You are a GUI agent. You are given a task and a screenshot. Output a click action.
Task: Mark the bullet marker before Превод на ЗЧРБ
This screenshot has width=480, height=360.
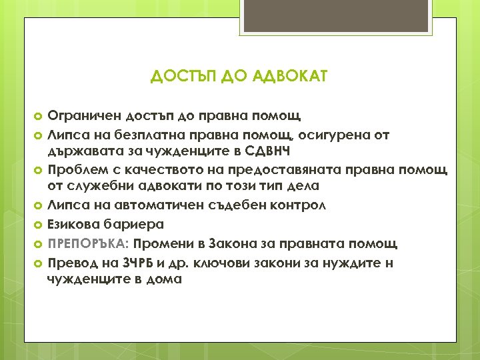38,263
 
